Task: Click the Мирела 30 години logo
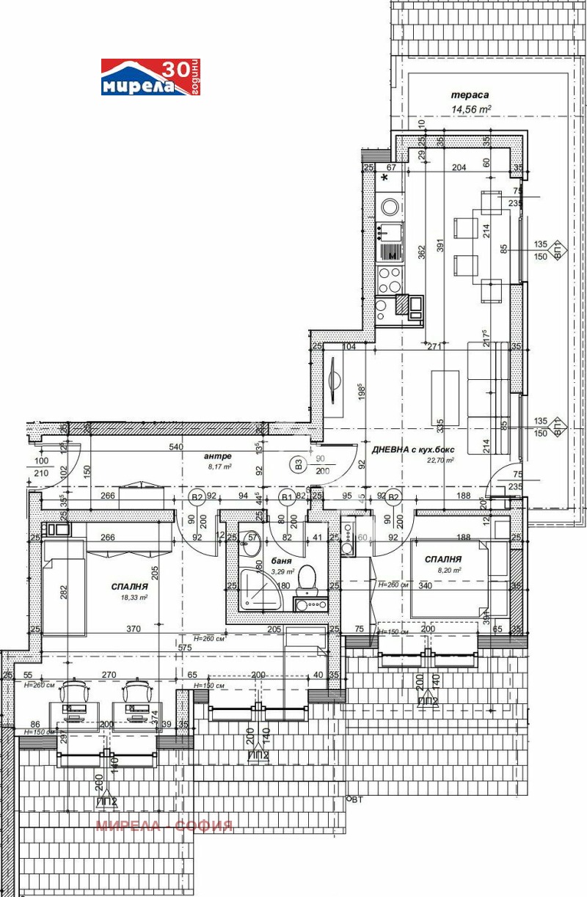(150, 78)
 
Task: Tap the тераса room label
(470, 95)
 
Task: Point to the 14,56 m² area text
(470, 109)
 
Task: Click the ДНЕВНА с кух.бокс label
(414, 450)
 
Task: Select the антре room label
(218, 455)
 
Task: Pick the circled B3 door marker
(298, 464)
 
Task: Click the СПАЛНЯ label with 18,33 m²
(131, 587)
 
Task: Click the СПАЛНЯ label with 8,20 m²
(445, 559)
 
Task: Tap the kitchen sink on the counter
(390, 233)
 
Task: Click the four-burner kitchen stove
(389, 279)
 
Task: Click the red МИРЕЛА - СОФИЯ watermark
(164, 826)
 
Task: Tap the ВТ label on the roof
(356, 800)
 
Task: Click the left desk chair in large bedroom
(76, 692)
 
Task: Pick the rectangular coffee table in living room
(445, 397)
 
